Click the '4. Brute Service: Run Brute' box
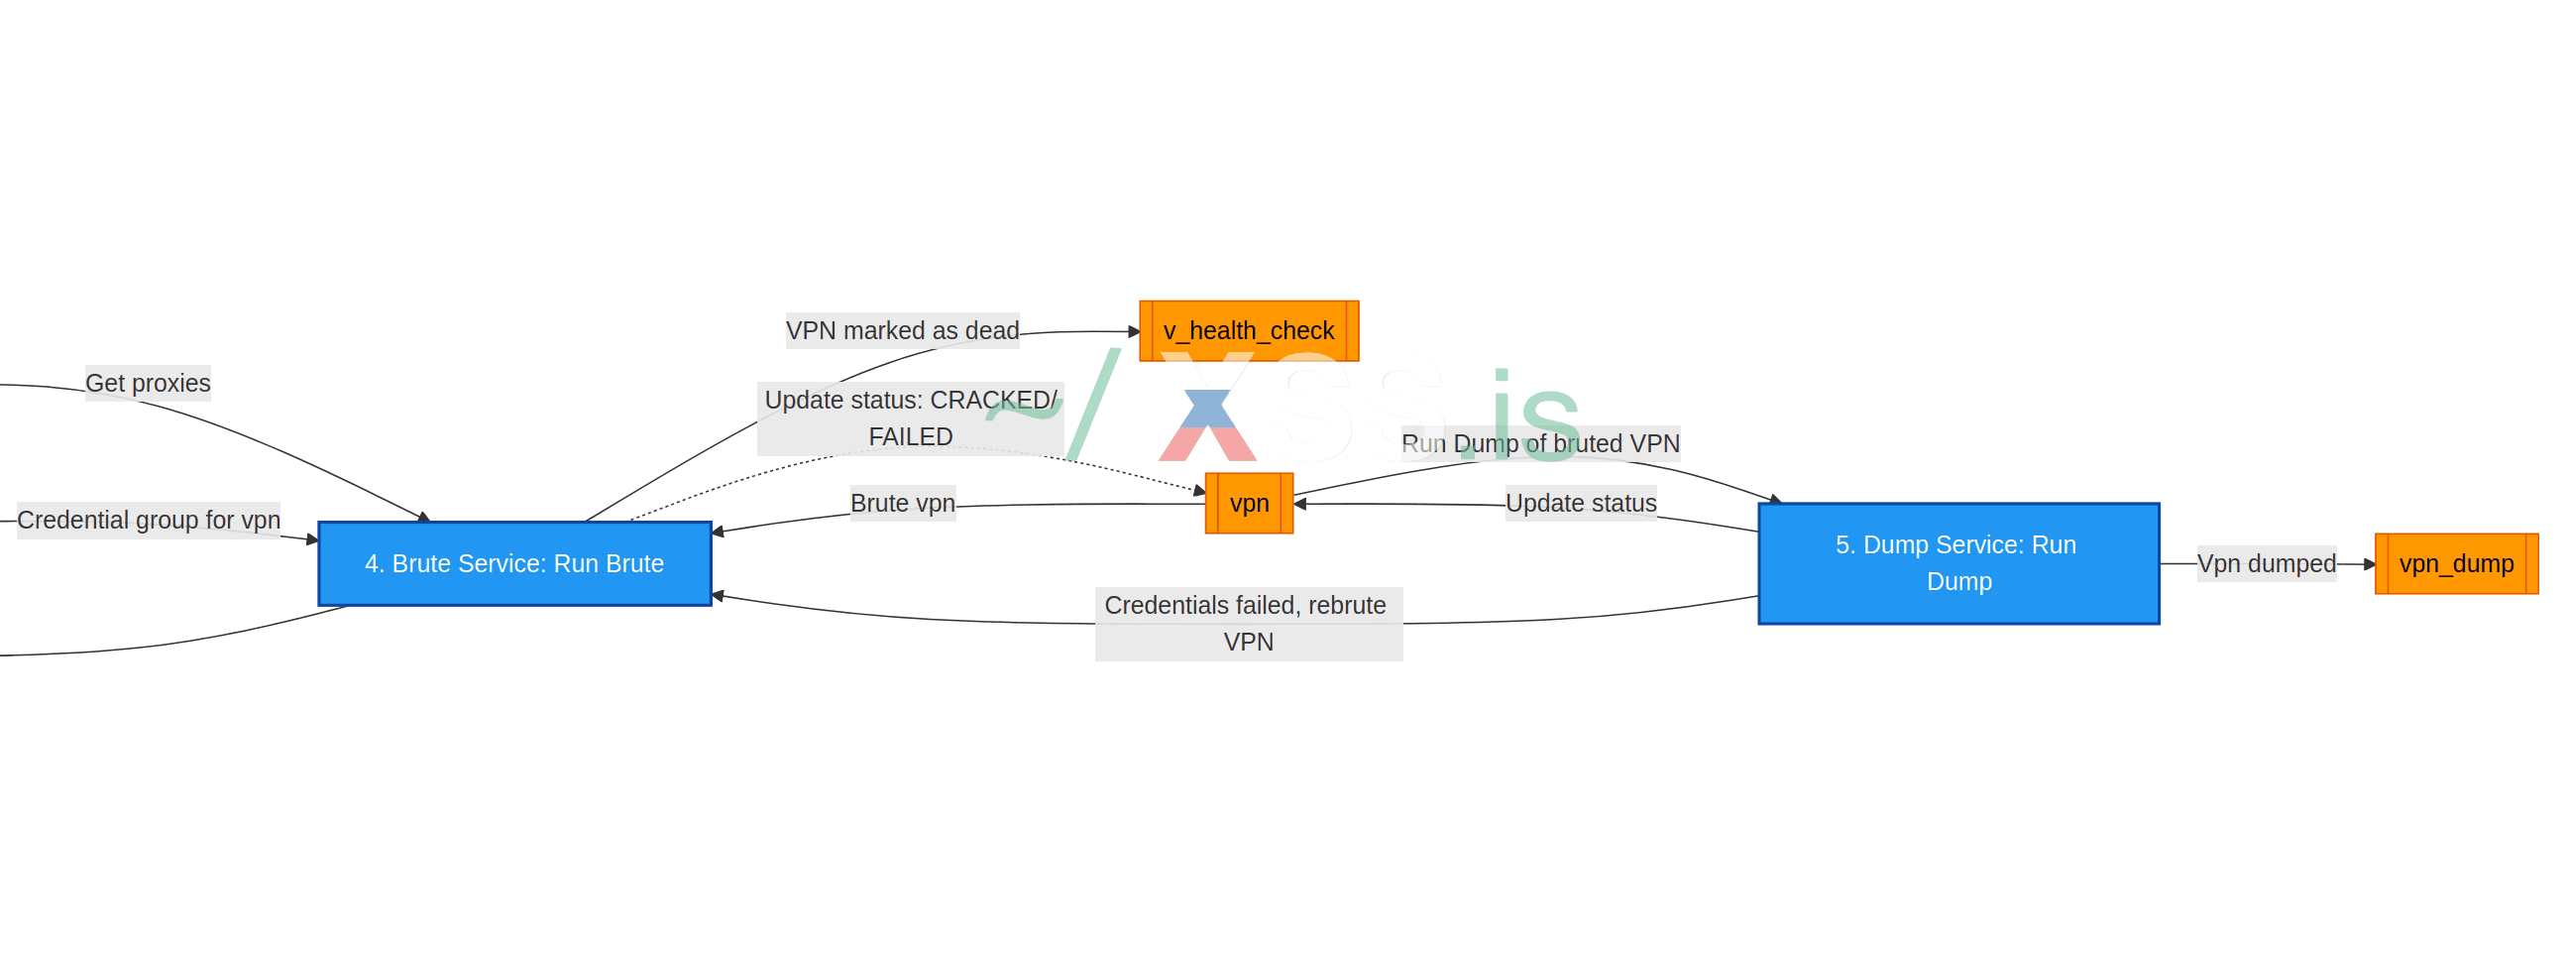coord(513,563)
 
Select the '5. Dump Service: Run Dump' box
coord(1957,563)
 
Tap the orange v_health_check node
coord(1249,330)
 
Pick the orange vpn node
coord(1249,503)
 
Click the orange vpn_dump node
coord(2455,563)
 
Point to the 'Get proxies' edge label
coord(148,383)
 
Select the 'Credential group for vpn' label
coord(149,520)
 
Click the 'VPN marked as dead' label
coord(902,330)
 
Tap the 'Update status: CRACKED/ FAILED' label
coord(910,418)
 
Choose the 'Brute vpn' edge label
coord(902,503)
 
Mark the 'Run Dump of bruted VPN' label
coord(1540,443)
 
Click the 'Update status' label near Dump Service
coord(1580,503)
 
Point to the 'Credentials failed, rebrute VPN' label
coord(1248,624)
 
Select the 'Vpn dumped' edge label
coord(2267,563)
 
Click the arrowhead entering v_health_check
coord(1134,330)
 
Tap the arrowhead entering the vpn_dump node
coord(2370,563)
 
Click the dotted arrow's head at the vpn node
coord(1200,491)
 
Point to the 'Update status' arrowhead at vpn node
coord(1300,504)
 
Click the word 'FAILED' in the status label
coord(910,436)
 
